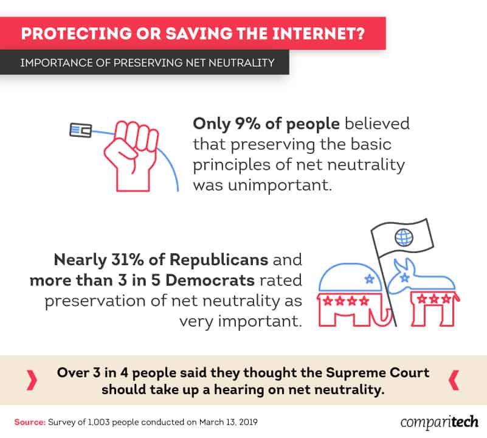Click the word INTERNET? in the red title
[319, 33]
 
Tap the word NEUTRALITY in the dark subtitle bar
[241, 63]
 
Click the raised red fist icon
[131, 156]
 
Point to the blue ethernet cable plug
[81, 130]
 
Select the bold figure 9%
[247, 123]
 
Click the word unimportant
[280, 186]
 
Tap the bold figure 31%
[127, 260]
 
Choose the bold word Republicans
[219, 260]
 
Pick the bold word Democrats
[210, 280]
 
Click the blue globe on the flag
[404, 237]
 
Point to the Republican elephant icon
[354, 294]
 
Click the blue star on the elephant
[369, 279]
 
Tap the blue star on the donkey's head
[404, 277]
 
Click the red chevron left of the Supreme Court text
[32, 380]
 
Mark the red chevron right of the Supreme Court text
[454, 380]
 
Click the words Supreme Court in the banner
[378, 372]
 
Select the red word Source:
[30, 422]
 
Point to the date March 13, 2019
[228, 422]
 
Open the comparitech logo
[439, 422]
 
